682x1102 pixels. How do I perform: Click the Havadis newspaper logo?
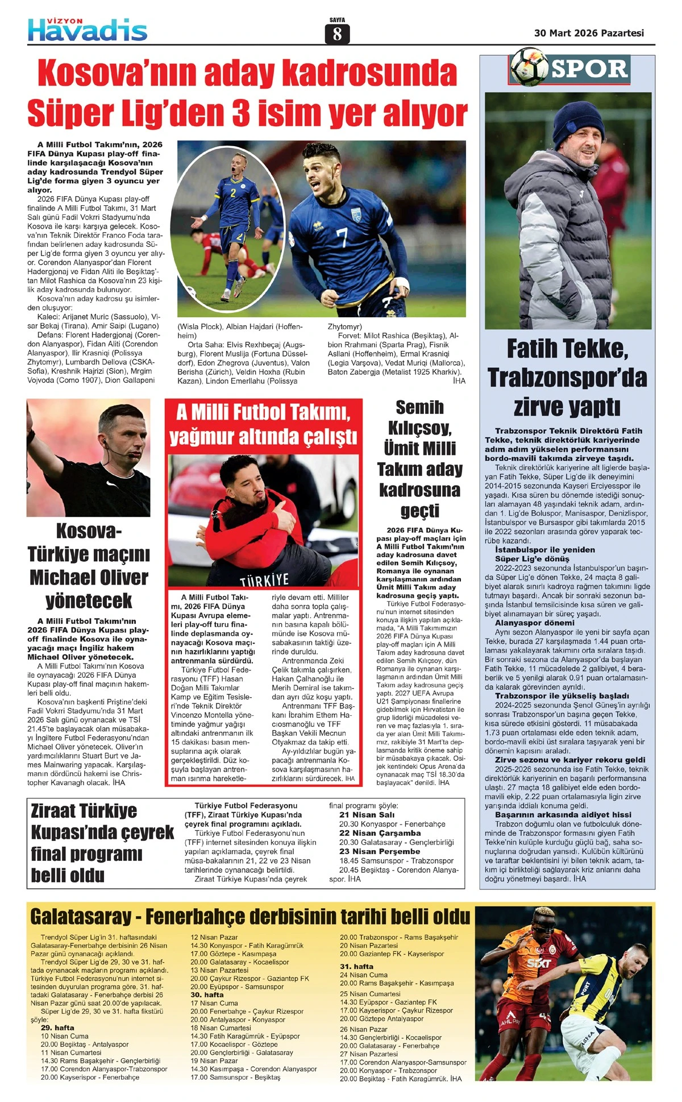point(88,30)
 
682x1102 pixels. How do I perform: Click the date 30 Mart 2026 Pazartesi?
point(589,33)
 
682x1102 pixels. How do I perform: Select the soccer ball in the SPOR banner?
point(529,68)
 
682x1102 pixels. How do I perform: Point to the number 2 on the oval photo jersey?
point(233,192)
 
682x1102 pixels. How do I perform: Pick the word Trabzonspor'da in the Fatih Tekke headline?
point(567,378)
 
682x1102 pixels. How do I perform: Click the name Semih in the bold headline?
point(419,407)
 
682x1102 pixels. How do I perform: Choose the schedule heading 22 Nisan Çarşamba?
point(380,833)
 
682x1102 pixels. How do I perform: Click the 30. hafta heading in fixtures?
point(207,995)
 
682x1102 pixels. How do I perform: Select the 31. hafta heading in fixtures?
point(356,966)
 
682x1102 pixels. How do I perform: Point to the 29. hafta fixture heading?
point(57,1028)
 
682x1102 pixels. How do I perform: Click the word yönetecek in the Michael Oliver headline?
point(89,600)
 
